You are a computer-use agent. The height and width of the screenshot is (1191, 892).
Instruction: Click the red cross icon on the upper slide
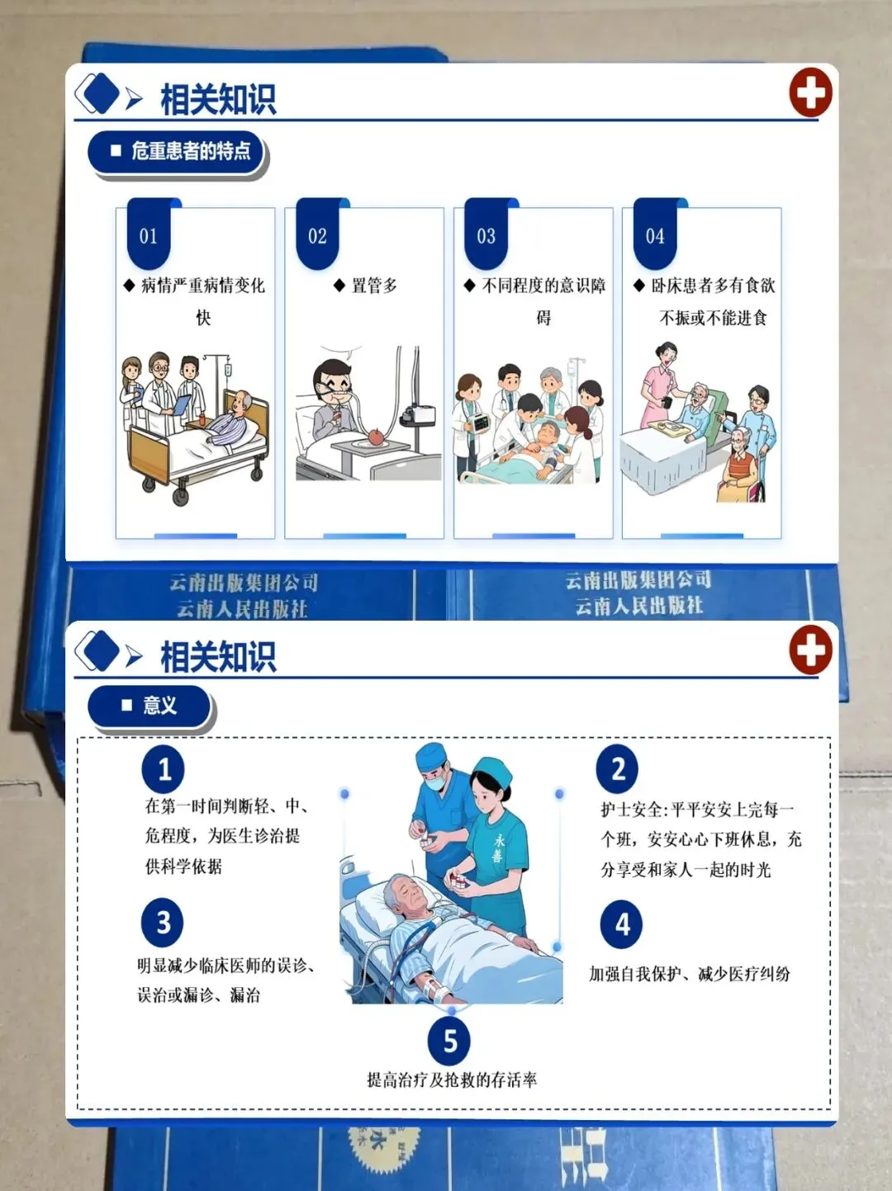tap(810, 92)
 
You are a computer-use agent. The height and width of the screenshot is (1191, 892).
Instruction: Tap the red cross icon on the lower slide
tap(810, 650)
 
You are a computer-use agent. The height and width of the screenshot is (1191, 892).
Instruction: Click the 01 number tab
tap(149, 234)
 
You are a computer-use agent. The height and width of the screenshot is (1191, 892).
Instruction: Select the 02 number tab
tap(318, 234)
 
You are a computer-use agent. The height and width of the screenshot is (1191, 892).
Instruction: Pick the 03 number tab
tap(486, 234)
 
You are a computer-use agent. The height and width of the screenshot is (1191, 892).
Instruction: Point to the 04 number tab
tap(655, 234)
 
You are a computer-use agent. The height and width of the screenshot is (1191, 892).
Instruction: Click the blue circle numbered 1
tap(163, 769)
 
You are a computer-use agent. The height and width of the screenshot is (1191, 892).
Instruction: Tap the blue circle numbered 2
tap(617, 769)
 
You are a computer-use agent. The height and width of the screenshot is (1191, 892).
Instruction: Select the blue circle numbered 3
tap(163, 923)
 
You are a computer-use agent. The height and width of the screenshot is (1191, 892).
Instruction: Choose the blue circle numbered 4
tap(622, 924)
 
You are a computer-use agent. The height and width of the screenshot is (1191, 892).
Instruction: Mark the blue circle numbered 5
tap(449, 1041)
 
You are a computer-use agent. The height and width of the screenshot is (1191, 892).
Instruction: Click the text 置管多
tap(375, 286)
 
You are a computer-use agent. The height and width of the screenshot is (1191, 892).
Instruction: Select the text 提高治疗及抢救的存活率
tap(452, 1080)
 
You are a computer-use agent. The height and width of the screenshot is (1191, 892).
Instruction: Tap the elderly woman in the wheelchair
tap(740, 466)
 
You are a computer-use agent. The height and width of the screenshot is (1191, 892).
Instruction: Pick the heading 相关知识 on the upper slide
tap(218, 99)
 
